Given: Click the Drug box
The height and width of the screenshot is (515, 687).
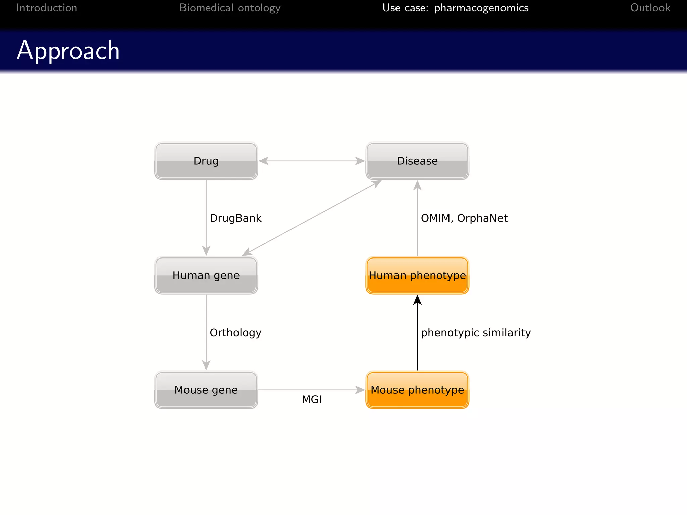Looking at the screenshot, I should point(206,161).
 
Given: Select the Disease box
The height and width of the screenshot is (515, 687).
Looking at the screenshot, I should point(417,161).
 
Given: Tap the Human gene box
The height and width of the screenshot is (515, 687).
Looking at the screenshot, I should point(206,275).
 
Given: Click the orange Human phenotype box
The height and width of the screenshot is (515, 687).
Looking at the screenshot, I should point(417,275).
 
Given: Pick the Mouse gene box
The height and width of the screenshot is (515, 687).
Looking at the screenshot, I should point(206,390).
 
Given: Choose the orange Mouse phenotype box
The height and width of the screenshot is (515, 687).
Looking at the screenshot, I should point(417,390).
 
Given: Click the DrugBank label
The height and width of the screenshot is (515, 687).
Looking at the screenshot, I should point(235,218).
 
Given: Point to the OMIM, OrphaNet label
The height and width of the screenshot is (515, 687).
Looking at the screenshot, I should point(464,218).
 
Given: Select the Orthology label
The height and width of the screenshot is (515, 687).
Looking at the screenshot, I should point(235,333).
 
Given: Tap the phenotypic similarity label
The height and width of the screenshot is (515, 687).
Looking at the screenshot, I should point(475,333).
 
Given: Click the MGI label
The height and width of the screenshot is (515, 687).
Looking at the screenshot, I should point(311,399).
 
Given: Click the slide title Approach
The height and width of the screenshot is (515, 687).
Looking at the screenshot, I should point(68,50).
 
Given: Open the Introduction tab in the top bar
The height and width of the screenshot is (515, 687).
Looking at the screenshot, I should point(47,8).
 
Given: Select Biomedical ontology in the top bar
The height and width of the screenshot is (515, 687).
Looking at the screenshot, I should point(230,8).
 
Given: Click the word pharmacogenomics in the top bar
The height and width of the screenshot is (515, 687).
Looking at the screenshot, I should point(481,8).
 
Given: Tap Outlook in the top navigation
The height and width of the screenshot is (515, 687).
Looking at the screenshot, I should point(650,8).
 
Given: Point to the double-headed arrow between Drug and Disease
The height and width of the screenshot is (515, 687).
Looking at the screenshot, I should point(312,161).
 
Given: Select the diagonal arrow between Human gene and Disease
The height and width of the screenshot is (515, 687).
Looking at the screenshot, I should point(312,218).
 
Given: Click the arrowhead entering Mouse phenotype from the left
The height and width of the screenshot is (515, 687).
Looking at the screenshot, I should point(360,390).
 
